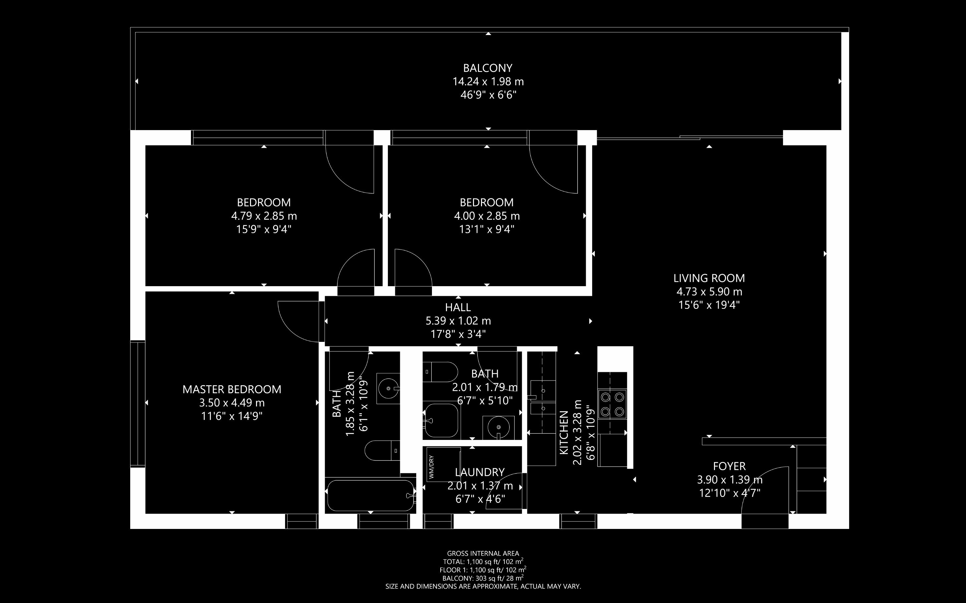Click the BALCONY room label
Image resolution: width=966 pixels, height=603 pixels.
point(488,68)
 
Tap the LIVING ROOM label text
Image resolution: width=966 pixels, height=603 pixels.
point(709,278)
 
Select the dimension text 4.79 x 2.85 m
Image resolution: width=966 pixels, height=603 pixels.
point(264,216)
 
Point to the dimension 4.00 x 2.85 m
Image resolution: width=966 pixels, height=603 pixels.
point(487,216)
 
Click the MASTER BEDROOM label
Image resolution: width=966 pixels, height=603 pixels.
point(232,389)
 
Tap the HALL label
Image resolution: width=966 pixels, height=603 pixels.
point(458,308)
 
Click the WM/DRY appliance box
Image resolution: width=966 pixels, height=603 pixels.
point(443,464)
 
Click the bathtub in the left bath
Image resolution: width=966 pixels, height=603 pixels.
point(370,495)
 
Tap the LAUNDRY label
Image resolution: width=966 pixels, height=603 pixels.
point(480,473)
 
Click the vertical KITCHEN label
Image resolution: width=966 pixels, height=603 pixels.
point(564,432)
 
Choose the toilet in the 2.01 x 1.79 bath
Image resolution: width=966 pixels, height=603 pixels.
point(440,372)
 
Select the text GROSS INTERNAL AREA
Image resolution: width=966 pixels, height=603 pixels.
point(483,554)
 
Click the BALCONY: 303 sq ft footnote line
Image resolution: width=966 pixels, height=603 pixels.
point(483,578)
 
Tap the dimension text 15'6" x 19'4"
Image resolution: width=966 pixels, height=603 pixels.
point(709,305)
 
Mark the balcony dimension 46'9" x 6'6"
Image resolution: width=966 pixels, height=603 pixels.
point(488,95)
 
